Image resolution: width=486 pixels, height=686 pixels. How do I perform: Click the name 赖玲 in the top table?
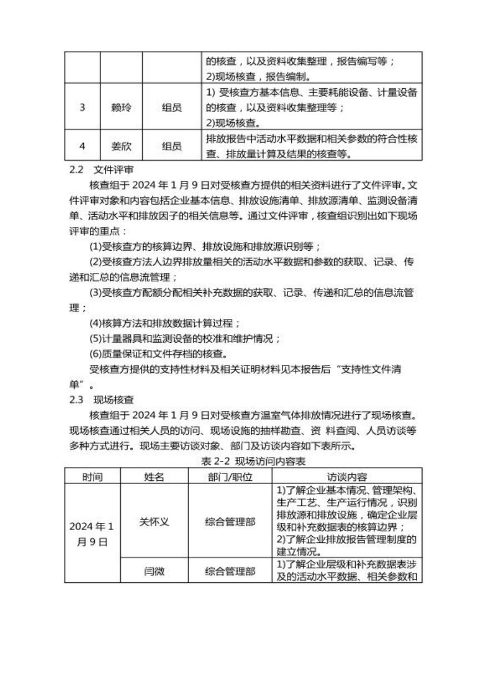point(121,107)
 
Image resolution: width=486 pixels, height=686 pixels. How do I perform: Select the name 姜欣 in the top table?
point(121,146)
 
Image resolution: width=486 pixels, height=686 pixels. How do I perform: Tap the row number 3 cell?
point(82,107)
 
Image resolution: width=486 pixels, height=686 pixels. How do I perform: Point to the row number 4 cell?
point(82,146)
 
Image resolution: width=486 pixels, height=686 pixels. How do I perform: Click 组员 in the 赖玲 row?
point(171,107)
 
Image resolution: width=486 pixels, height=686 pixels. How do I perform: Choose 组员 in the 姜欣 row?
point(171,146)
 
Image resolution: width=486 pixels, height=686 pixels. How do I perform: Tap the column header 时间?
point(93,476)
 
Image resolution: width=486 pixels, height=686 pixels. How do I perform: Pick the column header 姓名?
point(155,476)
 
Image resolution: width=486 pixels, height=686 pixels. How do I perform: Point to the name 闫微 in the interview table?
point(155,571)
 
